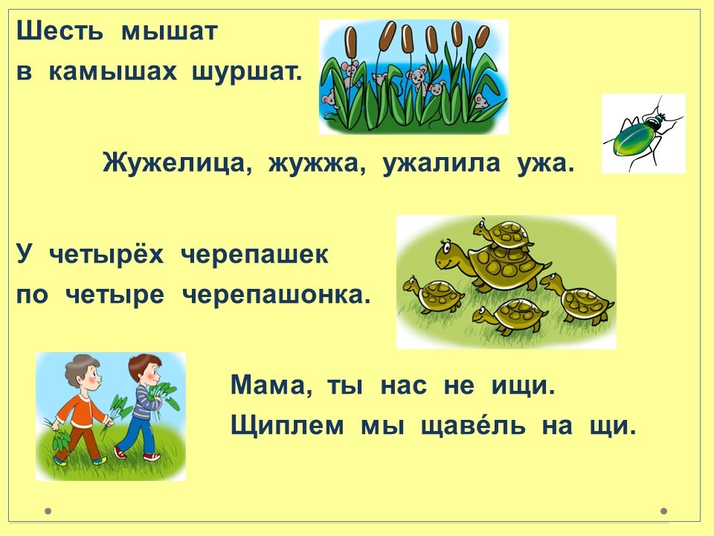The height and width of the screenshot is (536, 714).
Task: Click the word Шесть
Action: (x=59, y=31)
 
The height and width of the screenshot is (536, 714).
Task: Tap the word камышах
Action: (x=112, y=71)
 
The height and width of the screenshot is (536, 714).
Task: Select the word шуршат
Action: (x=247, y=72)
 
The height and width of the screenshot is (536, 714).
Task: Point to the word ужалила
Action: (x=441, y=164)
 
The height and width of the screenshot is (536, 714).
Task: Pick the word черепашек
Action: (x=254, y=255)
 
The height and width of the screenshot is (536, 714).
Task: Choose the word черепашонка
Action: (x=276, y=296)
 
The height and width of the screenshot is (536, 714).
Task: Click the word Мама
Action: (x=271, y=386)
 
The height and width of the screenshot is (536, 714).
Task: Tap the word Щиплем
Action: (x=287, y=427)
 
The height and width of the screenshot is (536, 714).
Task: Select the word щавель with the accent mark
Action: (x=473, y=426)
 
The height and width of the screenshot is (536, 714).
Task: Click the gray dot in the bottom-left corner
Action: (x=48, y=511)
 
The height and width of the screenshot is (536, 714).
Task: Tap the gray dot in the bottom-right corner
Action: (x=664, y=511)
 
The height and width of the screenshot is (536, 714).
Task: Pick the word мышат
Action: (x=170, y=31)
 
